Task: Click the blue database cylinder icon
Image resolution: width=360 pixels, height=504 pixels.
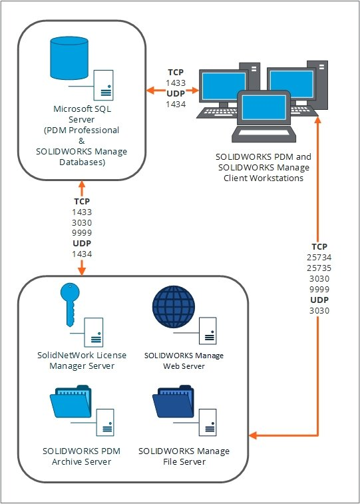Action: click(x=69, y=61)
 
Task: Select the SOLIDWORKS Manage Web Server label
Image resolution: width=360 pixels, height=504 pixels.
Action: click(x=184, y=360)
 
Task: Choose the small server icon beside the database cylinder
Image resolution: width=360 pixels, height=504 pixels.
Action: click(x=103, y=84)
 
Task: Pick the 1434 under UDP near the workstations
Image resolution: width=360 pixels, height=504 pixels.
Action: click(x=175, y=104)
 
